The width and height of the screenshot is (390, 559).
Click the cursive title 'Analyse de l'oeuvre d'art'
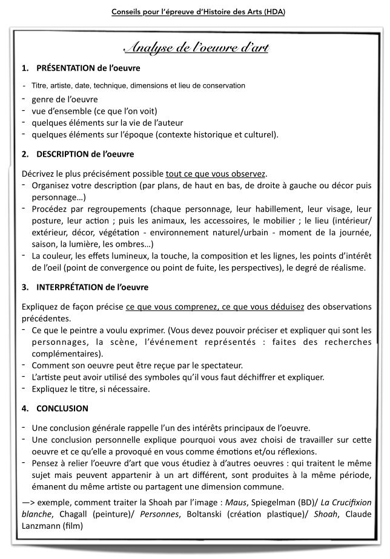(x=196, y=48)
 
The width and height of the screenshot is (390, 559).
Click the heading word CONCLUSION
(x=62, y=408)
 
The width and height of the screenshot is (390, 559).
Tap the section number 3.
(x=24, y=286)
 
